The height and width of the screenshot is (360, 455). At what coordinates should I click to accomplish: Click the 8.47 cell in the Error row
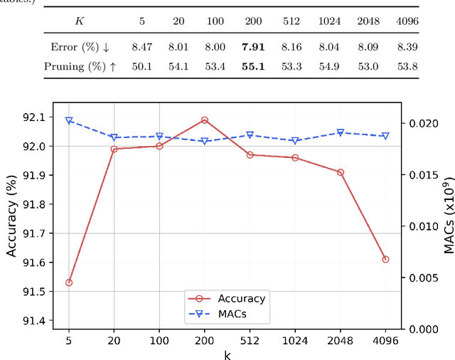[x=141, y=48]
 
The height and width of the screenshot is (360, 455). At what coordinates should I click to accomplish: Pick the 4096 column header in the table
[x=407, y=21]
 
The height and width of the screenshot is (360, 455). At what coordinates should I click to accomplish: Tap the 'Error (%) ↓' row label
[x=80, y=48]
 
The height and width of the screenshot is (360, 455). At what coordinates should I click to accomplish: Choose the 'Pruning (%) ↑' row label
[x=80, y=68]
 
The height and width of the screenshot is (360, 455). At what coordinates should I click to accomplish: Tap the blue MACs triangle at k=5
[x=69, y=121]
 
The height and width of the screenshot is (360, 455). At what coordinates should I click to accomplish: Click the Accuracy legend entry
[x=242, y=299]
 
